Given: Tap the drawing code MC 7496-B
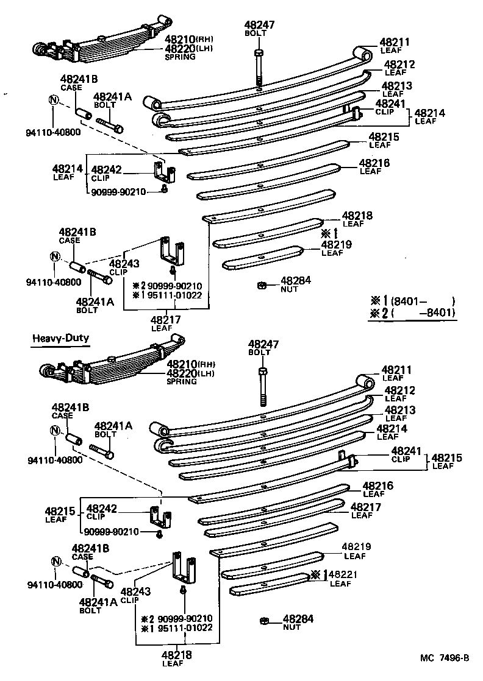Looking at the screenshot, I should pyautogui.click(x=444, y=657).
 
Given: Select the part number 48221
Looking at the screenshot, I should pyautogui.click(x=344, y=574).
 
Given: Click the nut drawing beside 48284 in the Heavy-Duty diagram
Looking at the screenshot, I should pyautogui.click(x=263, y=620).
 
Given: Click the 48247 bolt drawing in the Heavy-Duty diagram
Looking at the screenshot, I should pyautogui.click(x=263, y=387).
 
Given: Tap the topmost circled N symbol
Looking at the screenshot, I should pyautogui.click(x=54, y=101).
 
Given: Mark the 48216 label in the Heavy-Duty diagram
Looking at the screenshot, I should pyautogui.click(x=378, y=485).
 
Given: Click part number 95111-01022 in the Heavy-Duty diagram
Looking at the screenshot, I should pyautogui.click(x=185, y=628).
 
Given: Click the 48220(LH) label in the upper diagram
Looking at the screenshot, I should pyautogui.click(x=188, y=49).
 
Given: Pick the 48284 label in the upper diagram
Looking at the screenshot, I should pyautogui.click(x=296, y=281).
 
